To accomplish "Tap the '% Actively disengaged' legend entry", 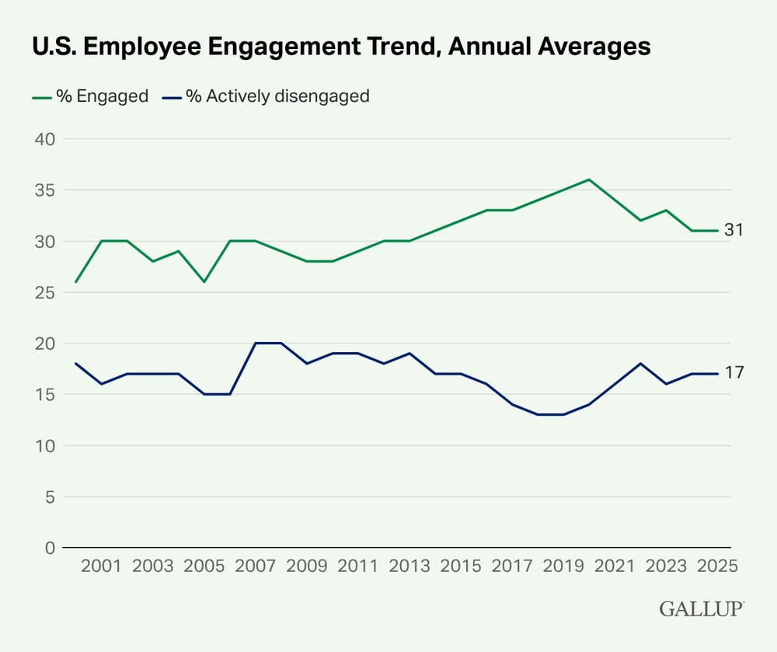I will pyautogui.click(x=266, y=96).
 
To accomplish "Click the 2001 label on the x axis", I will pyautogui.click(x=102, y=566).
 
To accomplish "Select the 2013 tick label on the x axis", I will pyautogui.click(x=409, y=566).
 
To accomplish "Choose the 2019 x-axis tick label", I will pyautogui.click(x=563, y=566).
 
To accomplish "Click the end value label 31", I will pyautogui.click(x=735, y=231).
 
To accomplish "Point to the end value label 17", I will pyautogui.click(x=735, y=374).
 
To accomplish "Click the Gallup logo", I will pyautogui.click(x=702, y=609).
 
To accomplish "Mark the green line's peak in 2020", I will pyautogui.click(x=589, y=180).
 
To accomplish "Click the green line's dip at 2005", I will pyautogui.click(x=204, y=281).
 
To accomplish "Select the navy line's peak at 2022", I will pyautogui.click(x=640, y=363).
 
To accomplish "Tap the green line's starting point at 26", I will pyautogui.click(x=76, y=281).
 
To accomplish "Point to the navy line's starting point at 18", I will pyautogui.click(x=76, y=363).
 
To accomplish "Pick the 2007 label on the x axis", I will pyautogui.click(x=256, y=566).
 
